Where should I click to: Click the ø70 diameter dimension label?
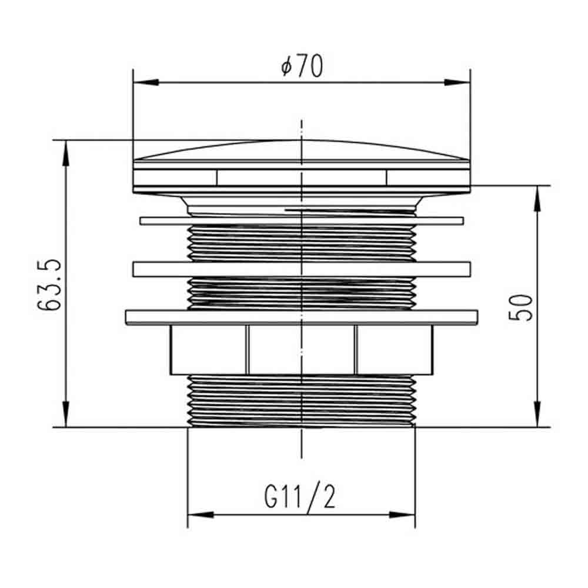click(x=302, y=66)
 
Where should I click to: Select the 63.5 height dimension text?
click(x=49, y=284)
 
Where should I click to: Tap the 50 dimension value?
click(x=520, y=308)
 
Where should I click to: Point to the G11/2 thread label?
click(x=299, y=496)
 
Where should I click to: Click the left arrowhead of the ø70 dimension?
click(x=146, y=82)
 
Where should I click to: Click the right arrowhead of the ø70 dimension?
click(x=457, y=82)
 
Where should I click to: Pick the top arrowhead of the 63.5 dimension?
click(x=66, y=153)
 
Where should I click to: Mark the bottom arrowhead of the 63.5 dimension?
click(x=66, y=414)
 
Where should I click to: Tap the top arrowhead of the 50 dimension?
click(x=537, y=198)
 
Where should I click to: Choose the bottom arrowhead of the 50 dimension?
click(x=537, y=414)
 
